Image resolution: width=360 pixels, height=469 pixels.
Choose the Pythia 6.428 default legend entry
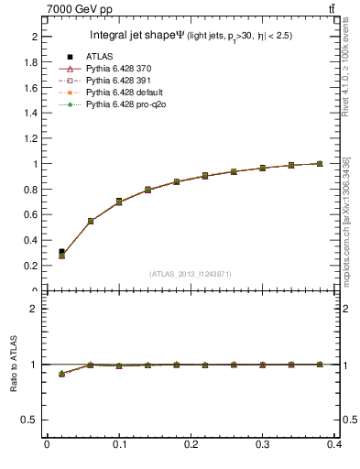tap(120, 93)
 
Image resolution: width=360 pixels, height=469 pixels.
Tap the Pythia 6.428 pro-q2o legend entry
tap(120, 104)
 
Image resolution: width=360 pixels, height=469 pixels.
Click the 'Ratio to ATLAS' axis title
tap(14, 365)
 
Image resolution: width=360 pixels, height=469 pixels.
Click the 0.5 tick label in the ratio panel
tap(32, 420)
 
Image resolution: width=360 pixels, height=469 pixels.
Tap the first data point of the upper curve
tap(61, 253)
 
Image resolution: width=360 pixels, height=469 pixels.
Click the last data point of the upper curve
tap(319, 164)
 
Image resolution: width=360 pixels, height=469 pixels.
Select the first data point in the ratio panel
tap(61, 374)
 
